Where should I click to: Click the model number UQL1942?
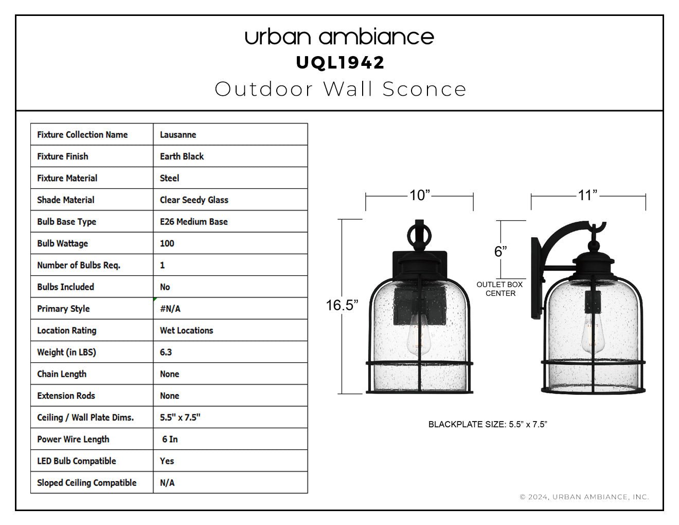[339, 63]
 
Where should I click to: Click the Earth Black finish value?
[182, 156]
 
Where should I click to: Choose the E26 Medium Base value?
[194, 222]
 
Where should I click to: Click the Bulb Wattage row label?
[62, 243]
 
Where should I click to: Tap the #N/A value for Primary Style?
[170, 309]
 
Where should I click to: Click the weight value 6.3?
[166, 352]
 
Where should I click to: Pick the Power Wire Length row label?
[73, 439]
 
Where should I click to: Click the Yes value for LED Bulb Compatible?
[167, 461]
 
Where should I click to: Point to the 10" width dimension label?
[420, 196]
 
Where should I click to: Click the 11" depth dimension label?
[587, 196]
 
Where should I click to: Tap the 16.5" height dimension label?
[342, 305]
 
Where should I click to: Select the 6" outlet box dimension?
[501, 251]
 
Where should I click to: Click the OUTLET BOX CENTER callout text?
[499, 289]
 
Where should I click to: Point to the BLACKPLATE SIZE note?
[488, 424]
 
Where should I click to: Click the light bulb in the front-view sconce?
[419, 334]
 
